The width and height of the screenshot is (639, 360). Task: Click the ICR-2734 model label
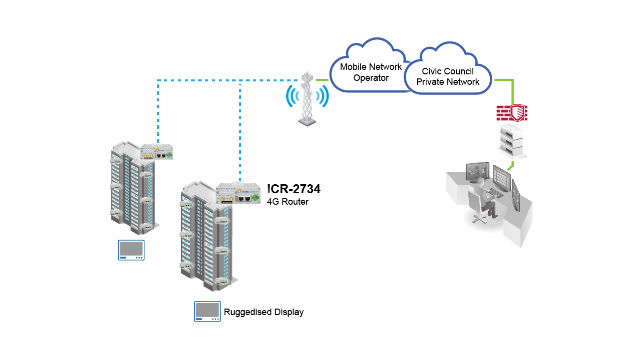(294, 189)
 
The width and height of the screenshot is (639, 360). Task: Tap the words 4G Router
(288, 202)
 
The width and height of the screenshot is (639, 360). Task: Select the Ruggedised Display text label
(264, 312)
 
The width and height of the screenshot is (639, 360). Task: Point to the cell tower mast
(307, 100)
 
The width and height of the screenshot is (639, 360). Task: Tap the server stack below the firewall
(512, 142)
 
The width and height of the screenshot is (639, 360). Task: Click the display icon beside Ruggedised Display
(207, 312)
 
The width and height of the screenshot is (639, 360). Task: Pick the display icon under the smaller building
(131, 250)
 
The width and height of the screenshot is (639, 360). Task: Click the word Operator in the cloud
(370, 78)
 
